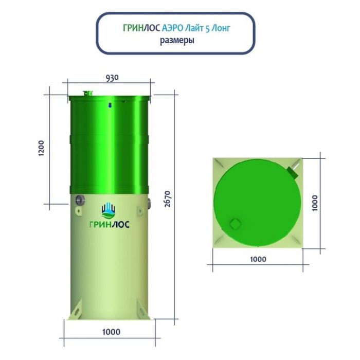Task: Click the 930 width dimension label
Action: (112, 78)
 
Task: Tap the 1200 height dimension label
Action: (41, 148)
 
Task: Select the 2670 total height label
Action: (168, 199)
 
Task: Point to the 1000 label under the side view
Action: (111, 332)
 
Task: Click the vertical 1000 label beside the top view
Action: (315, 203)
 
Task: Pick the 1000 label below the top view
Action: (258, 259)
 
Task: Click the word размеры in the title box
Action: (177, 41)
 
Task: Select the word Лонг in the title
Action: (221, 28)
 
